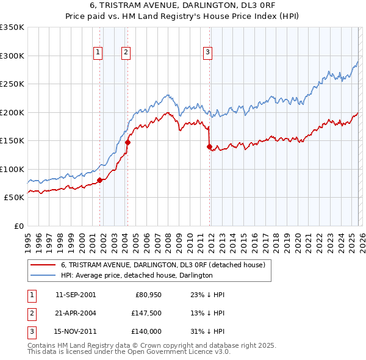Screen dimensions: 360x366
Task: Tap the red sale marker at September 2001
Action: (x=99, y=180)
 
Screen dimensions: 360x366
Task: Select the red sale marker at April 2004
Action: (x=127, y=142)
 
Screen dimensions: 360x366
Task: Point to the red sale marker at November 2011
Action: (x=209, y=146)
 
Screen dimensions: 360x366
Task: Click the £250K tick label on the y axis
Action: (x=12, y=84)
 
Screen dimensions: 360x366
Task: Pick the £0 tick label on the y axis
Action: (x=19, y=226)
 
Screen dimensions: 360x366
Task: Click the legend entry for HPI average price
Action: (x=136, y=275)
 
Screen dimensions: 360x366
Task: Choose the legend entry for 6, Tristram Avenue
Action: (x=163, y=265)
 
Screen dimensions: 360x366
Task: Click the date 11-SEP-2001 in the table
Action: (x=76, y=295)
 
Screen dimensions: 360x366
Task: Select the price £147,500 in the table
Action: (x=146, y=313)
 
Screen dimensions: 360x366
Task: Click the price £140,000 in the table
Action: (x=146, y=331)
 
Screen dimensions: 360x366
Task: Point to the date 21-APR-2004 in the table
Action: (x=76, y=313)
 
